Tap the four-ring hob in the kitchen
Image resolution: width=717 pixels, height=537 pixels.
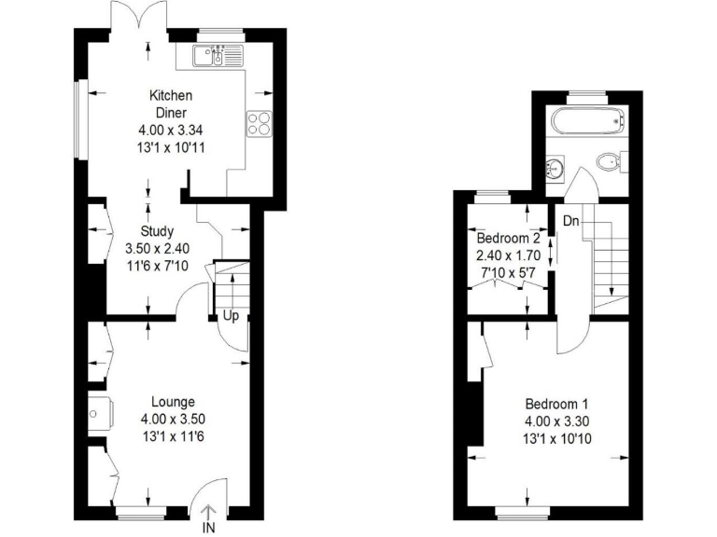point(259,122)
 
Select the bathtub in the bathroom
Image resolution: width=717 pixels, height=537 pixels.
point(586,121)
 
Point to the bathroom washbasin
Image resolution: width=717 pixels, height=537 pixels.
point(555,167)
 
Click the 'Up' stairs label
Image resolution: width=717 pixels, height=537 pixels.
point(230,316)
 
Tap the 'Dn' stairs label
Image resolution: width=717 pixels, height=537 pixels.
point(569,222)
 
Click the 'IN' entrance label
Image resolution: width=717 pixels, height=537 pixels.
point(209,528)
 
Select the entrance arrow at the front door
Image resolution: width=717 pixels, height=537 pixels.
point(209,510)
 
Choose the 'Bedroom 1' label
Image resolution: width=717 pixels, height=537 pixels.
point(555,404)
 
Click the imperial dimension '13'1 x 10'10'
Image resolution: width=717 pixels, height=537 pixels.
point(555,437)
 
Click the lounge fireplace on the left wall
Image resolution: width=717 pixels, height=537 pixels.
point(98,411)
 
